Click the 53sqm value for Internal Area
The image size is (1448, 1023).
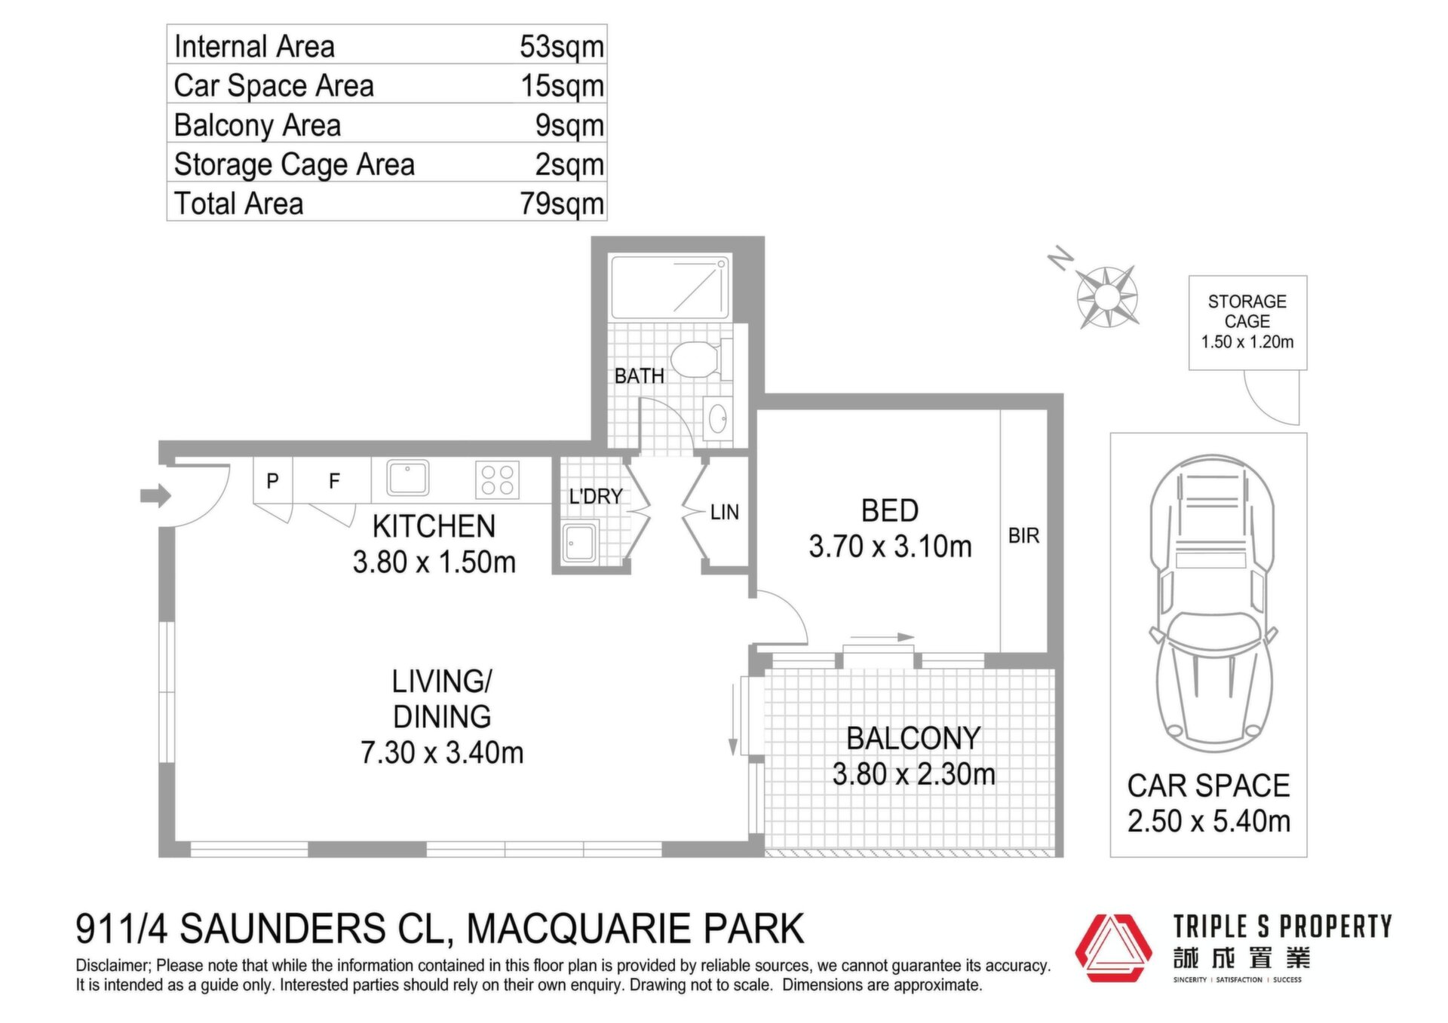tap(562, 47)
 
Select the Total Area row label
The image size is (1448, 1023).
tap(238, 204)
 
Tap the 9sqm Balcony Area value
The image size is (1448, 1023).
tap(569, 126)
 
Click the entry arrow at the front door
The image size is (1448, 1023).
tap(156, 495)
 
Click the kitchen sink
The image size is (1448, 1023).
tap(407, 478)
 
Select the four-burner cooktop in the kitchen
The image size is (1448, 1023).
tap(498, 480)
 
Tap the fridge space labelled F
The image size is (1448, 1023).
tap(334, 480)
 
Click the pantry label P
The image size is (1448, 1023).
tap(273, 480)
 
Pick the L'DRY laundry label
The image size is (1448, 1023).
tap(596, 496)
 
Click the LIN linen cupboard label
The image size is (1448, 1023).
tap(724, 513)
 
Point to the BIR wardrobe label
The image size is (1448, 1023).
tap(1023, 536)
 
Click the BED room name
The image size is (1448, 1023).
tap(890, 511)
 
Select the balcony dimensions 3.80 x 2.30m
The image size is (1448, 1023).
tap(913, 774)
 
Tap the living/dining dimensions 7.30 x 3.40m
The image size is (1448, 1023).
tap(442, 752)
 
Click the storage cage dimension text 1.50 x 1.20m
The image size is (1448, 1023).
tap(1247, 342)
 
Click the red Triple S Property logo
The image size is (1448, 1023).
tap(1113, 948)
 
